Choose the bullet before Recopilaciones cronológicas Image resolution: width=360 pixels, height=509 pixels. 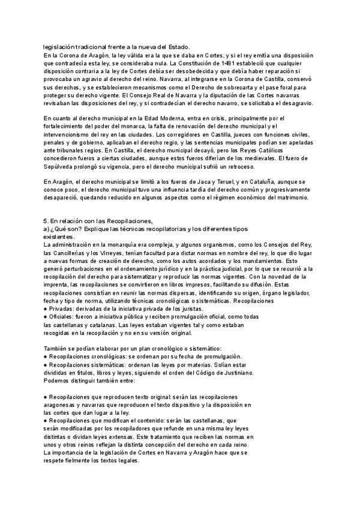point(46,357)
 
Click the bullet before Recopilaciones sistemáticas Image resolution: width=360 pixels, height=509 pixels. point(46,365)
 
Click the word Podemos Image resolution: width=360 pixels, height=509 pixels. point(58,381)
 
